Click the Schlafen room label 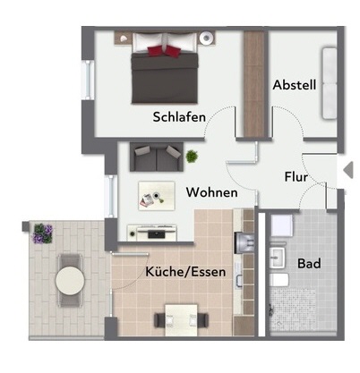(x=179, y=117)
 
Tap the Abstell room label (x=295, y=85)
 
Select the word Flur (x=296, y=177)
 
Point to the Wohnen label (x=212, y=192)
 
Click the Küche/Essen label (x=185, y=272)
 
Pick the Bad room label (x=309, y=264)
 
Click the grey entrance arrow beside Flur (x=348, y=170)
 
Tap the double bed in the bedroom (x=165, y=68)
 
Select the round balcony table (x=70, y=280)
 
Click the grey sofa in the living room (x=157, y=157)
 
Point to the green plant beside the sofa (x=192, y=157)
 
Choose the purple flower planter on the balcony (x=43, y=233)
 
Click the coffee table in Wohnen (x=157, y=196)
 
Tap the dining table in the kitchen (x=181, y=320)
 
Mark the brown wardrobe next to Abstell (x=254, y=84)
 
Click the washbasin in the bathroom (x=278, y=257)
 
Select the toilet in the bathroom (x=279, y=280)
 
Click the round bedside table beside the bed (x=207, y=38)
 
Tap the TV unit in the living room (x=152, y=233)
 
